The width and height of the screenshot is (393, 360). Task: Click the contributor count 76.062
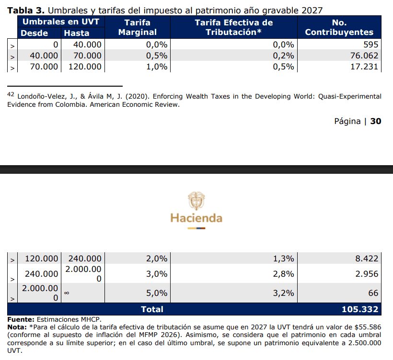coord(364,56)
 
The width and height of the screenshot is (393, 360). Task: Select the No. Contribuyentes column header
coord(339,27)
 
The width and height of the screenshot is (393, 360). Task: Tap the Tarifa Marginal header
coord(138,27)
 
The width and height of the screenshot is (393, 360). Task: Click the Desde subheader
coord(34,33)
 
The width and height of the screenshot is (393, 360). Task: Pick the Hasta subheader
coord(77,33)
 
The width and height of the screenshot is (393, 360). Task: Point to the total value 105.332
coord(360,309)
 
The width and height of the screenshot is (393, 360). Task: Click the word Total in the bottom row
coord(152,309)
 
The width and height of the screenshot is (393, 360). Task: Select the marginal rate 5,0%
coord(157,292)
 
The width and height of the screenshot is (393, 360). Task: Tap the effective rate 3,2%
coord(283,292)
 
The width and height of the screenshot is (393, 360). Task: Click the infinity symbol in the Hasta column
coord(67,293)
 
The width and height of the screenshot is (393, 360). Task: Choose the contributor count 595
coord(370,45)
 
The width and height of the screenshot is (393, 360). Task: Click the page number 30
coord(376,121)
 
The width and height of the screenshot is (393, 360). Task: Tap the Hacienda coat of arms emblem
coord(196,201)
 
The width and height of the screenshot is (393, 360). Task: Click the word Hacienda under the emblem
coord(196,218)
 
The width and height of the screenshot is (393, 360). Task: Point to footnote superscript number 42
coord(11,94)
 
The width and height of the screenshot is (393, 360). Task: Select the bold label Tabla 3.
coord(26,11)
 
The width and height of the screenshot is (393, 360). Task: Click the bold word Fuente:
coord(21,319)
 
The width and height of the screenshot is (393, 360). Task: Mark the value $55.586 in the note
coord(368,327)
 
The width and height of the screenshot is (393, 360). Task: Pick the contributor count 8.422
coord(367,259)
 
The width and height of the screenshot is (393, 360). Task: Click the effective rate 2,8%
coord(283,274)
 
